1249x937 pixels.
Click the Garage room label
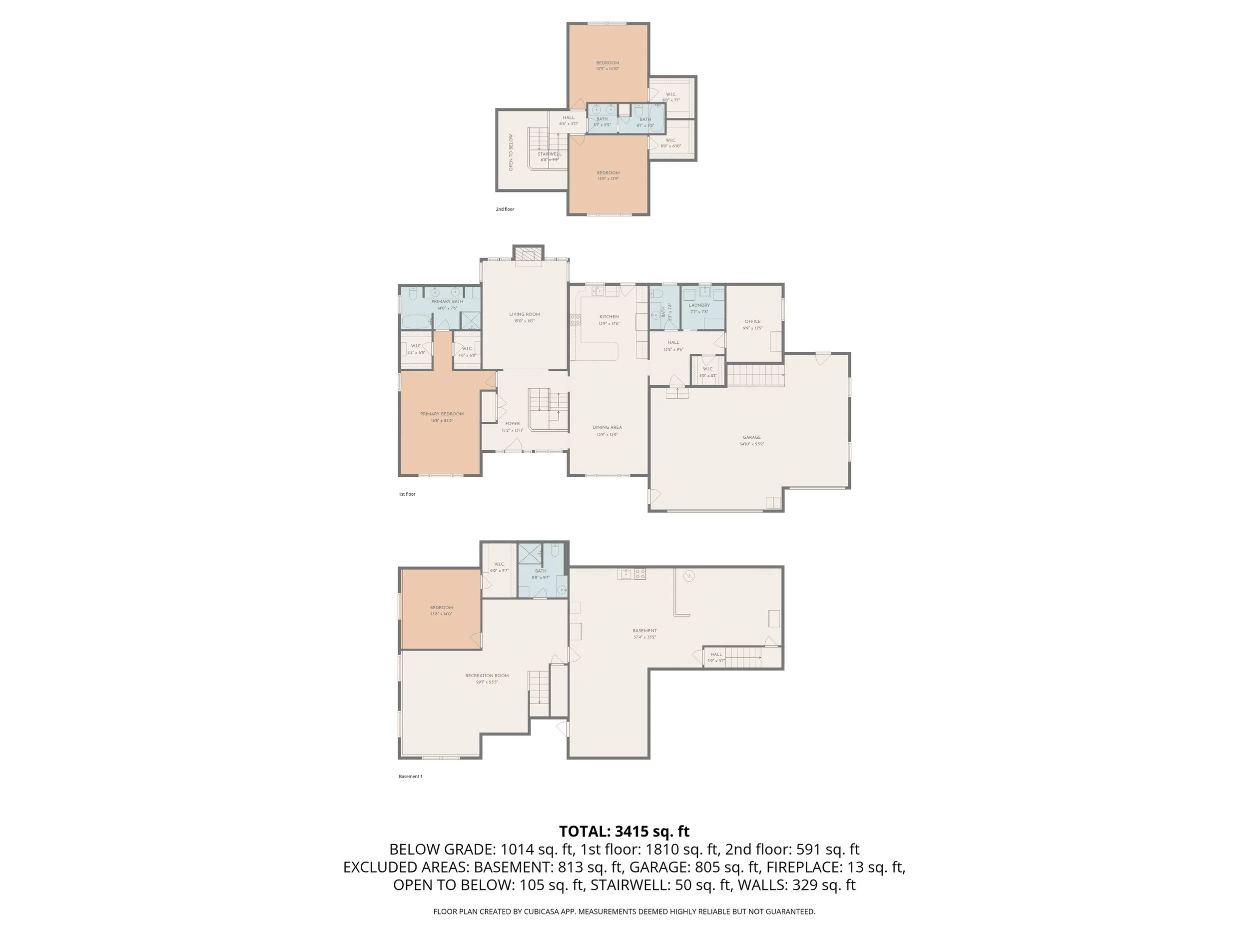[x=751, y=438]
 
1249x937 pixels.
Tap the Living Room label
[x=524, y=315]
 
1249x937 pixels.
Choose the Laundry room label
[x=699, y=305]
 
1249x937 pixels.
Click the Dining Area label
[x=607, y=428]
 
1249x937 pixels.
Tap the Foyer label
[x=512, y=424]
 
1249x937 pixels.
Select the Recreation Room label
[x=487, y=676]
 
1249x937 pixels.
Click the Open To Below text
[x=511, y=152]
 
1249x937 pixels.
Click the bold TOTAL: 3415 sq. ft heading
[x=624, y=832]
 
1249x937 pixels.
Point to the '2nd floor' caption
[x=505, y=209]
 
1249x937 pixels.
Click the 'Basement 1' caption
[x=410, y=777]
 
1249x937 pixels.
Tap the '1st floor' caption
[x=407, y=494]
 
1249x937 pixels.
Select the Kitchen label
[x=609, y=317]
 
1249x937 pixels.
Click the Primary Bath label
[x=447, y=302]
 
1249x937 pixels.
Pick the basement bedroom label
[x=441, y=608]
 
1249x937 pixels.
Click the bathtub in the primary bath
[x=416, y=322]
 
